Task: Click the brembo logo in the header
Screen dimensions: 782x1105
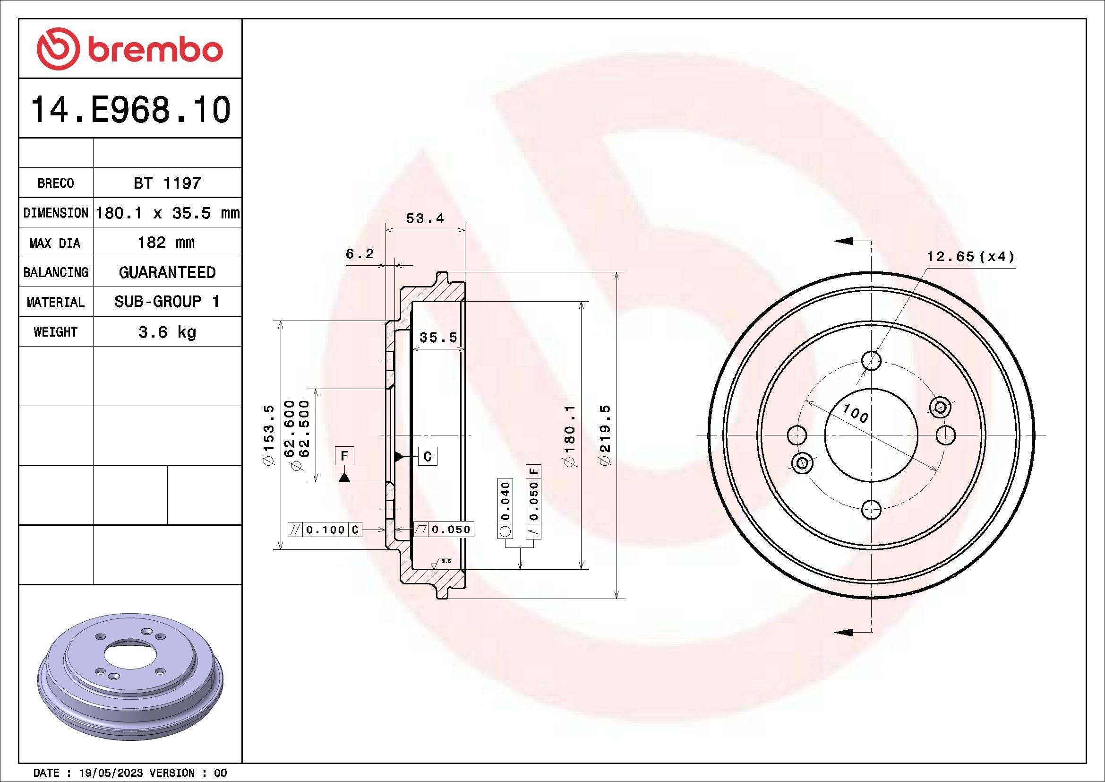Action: (x=130, y=49)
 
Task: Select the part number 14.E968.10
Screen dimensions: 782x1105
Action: (x=131, y=110)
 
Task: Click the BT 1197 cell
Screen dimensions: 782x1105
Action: (x=167, y=183)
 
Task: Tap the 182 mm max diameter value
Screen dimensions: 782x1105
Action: (x=166, y=242)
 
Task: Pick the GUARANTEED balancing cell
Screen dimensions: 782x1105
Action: (x=167, y=272)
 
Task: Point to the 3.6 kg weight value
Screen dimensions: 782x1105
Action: (x=167, y=332)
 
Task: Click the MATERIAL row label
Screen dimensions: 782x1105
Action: (x=55, y=303)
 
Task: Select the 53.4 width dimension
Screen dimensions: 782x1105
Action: (x=425, y=218)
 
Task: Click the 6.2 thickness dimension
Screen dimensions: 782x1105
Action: (x=360, y=254)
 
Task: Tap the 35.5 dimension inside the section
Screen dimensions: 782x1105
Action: (x=438, y=338)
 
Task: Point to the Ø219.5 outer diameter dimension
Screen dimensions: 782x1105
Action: (x=606, y=435)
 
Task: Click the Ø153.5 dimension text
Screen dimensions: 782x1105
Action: (x=268, y=435)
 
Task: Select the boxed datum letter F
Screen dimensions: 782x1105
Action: (x=344, y=455)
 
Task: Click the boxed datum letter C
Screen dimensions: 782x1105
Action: (x=428, y=456)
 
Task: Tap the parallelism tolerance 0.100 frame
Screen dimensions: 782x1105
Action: (x=325, y=530)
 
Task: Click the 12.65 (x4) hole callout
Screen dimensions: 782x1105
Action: (x=970, y=257)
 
